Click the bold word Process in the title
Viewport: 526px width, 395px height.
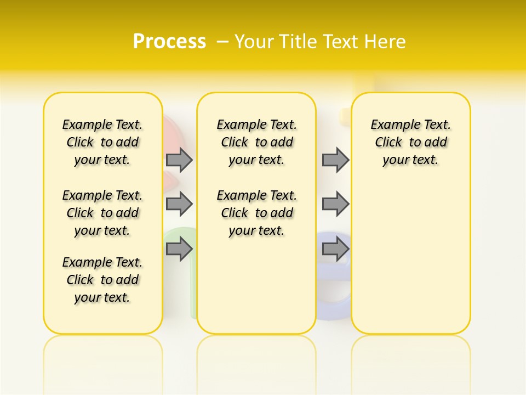tap(169, 42)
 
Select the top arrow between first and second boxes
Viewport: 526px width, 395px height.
tap(179, 160)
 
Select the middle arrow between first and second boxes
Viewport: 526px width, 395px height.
tap(179, 204)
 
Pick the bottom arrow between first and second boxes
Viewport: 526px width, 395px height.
tap(179, 250)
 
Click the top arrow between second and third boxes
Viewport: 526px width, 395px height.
tap(335, 160)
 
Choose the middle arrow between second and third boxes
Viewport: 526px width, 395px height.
tap(335, 204)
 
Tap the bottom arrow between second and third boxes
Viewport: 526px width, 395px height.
tap(335, 250)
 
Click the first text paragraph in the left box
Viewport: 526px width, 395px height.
tap(102, 142)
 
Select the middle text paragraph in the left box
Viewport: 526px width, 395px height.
tap(102, 213)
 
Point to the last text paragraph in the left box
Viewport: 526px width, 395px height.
tap(102, 280)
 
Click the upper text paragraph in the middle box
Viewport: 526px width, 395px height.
tap(257, 142)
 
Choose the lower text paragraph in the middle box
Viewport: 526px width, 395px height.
tap(257, 213)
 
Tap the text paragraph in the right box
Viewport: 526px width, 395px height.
tap(411, 142)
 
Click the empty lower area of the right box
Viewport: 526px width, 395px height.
tap(411, 258)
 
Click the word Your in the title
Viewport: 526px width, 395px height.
tap(254, 42)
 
